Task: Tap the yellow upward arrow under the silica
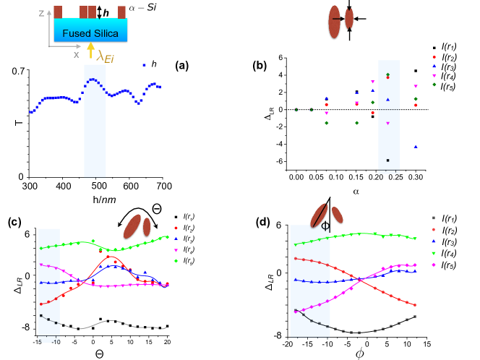91,50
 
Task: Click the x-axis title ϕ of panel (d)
359,354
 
